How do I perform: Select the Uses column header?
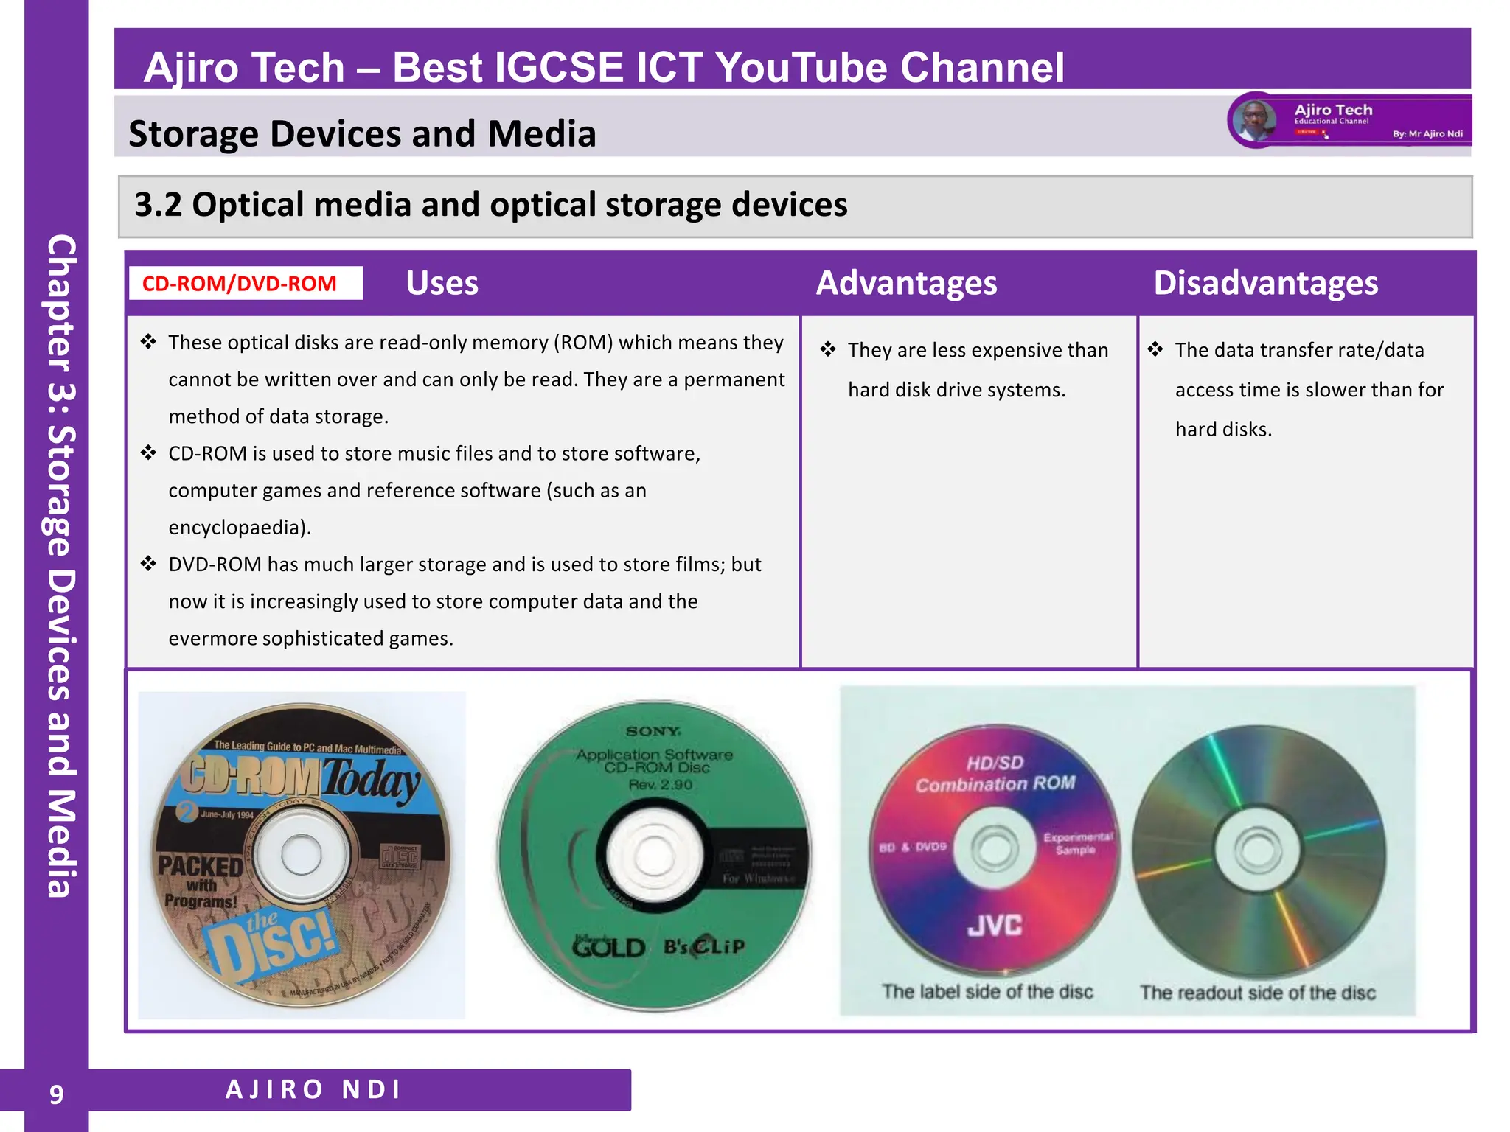pos(442,284)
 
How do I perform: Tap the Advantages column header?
pos(906,284)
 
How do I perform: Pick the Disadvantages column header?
pos(1265,284)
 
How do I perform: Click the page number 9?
pos(56,1094)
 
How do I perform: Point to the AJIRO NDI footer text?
pos(313,1089)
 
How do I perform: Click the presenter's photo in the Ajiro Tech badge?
pos(1254,121)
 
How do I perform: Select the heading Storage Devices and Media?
pos(362,134)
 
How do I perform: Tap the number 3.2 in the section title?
pos(158,205)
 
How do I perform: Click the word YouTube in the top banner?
pos(800,68)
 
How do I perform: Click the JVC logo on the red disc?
pos(995,926)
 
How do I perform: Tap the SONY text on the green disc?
pos(653,731)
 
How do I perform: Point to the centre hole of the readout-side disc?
pos(1257,849)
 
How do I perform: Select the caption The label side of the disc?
pos(987,992)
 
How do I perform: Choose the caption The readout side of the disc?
pos(1257,993)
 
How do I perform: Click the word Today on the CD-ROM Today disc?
pos(371,780)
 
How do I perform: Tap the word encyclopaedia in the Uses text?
pos(236,528)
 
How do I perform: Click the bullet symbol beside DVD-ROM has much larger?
pos(149,564)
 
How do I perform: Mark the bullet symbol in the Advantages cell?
pos(828,349)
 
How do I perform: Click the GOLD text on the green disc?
pos(609,947)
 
